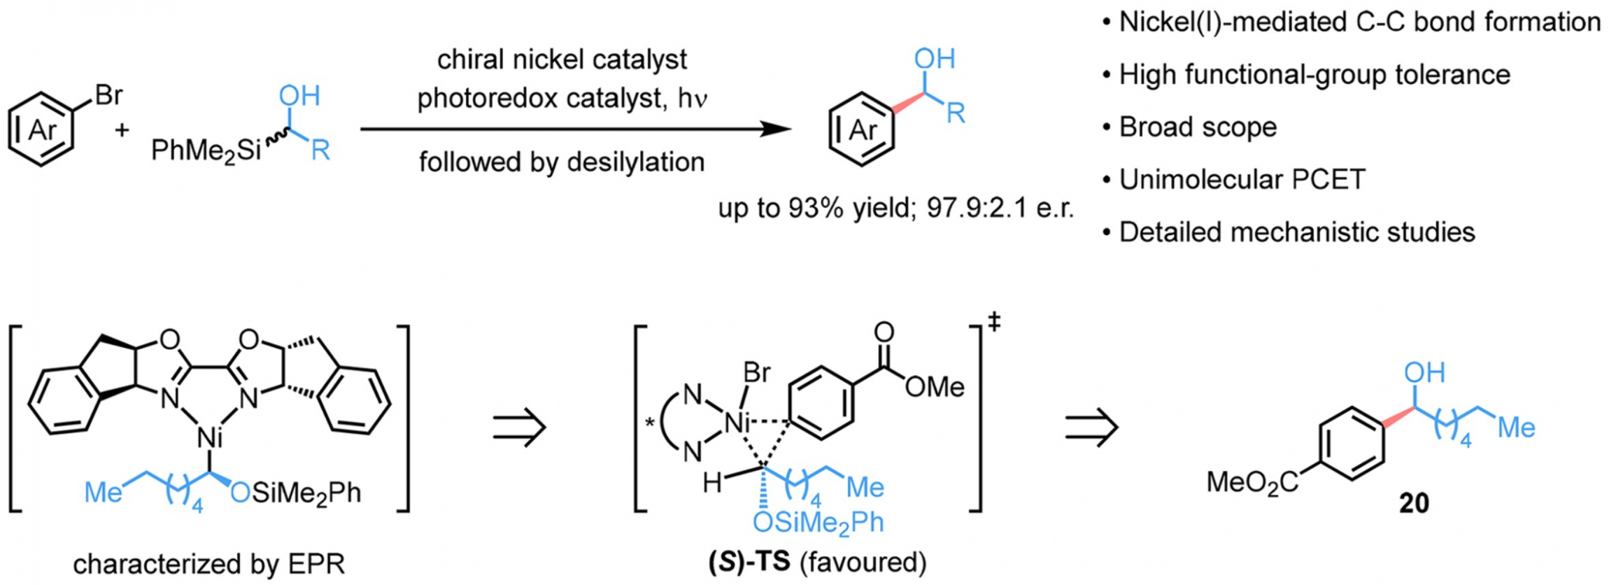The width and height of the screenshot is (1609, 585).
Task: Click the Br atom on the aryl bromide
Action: click(108, 94)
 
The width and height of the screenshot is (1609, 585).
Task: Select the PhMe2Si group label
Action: click(206, 150)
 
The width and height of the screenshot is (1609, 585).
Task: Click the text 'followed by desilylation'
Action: click(562, 162)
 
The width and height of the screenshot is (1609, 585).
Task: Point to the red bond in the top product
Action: click(907, 103)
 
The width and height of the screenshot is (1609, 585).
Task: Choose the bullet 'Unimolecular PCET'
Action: click(1233, 180)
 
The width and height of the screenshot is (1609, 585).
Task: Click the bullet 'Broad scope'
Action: click(1189, 127)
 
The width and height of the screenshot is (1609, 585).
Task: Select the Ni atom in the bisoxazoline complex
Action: click(210, 438)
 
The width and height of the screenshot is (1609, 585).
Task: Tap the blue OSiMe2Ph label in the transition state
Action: click(818, 522)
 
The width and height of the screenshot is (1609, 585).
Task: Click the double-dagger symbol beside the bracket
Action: click(993, 323)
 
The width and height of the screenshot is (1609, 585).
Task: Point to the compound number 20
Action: click(1414, 503)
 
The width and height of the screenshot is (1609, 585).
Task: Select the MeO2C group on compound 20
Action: click(1252, 482)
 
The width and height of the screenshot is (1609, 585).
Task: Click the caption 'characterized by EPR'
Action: click(208, 564)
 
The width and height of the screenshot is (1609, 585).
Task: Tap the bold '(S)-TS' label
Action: click(749, 562)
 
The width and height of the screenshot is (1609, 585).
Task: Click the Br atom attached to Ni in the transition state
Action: click(757, 372)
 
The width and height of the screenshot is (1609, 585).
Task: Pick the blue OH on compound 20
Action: click(1424, 372)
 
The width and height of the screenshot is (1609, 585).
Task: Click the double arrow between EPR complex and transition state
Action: click(519, 427)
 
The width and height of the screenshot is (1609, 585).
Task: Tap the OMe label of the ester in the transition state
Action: click(935, 387)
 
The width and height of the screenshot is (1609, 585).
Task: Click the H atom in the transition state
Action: click(711, 483)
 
